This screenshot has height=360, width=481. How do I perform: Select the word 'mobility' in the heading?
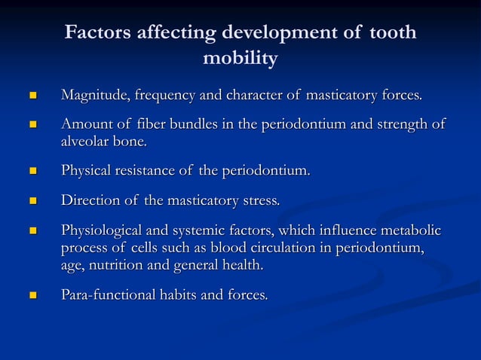tap(240, 58)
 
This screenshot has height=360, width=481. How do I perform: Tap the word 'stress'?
tap(260, 201)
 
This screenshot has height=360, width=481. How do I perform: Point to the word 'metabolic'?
tap(407, 230)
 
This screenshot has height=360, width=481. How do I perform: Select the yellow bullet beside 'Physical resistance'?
tap(32, 172)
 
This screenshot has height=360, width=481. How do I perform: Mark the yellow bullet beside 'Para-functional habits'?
tap(32, 295)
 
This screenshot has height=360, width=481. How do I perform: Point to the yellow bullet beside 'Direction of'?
tap(32, 202)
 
